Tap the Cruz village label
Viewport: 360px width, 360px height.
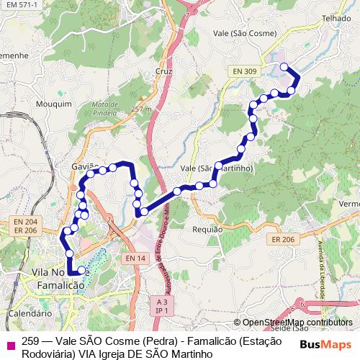coord(163,71)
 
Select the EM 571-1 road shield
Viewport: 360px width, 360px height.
coord(19,4)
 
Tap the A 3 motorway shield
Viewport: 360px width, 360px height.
coord(161,303)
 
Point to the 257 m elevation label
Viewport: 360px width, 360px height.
coord(142,109)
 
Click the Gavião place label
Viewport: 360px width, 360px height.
coord(84,166)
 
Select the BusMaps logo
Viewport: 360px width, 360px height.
coord(325,344)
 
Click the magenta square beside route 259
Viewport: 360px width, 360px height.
coord(9,343)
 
